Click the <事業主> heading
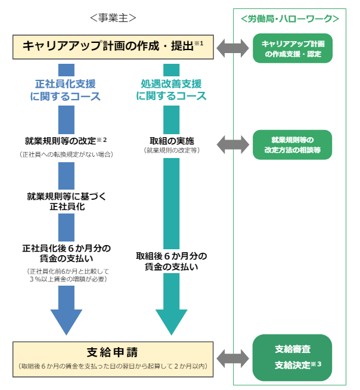pos(113,18)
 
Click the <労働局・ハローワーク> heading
pos(290,19)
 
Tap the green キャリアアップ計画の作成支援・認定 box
pos(292,48)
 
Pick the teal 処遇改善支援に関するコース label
pos(171,90)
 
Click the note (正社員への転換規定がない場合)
pos(66,154)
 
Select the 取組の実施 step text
pos(171,141)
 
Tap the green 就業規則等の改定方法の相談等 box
pos(292,145)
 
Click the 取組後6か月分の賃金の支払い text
pos(171,261)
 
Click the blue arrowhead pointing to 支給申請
pos(66,319)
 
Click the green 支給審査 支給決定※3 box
pos(292,357)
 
